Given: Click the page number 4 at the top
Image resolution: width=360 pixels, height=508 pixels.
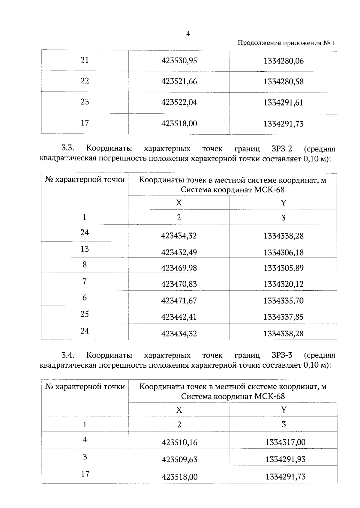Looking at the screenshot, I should (x=188, y=34).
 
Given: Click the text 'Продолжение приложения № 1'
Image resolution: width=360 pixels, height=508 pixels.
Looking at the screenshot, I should (x=286, y=43).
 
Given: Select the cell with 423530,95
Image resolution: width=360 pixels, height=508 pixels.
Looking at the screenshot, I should (x=179, y=61).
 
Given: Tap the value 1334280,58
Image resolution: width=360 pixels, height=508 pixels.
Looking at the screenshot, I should (x=283, y=82).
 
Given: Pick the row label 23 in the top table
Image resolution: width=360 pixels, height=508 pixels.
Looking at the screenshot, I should (x=85, y=102).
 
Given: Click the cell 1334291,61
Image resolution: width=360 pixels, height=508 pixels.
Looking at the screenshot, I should (x=283, y=103).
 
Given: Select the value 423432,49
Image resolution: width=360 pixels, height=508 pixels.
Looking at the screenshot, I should (x=179, y=253).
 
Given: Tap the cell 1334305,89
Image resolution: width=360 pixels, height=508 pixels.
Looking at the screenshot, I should (x=283, y=268).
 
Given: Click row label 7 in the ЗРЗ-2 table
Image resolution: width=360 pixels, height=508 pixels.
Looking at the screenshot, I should (x=85, y=281).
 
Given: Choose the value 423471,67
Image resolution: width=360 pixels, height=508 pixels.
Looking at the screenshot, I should (x=179, y=300).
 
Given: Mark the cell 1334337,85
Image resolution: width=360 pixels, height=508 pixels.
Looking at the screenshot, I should (x=283, y=317).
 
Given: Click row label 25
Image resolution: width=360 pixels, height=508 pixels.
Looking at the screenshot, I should (x=85, y=314).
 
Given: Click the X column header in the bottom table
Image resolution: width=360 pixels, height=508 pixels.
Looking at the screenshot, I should (x=179, y=410).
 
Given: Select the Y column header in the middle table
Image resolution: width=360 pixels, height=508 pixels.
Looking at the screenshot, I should (x=283, y=203).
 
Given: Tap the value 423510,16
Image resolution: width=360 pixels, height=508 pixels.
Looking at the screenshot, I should (x=179, y=442).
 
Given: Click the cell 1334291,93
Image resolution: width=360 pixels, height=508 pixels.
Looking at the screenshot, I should (x=285, y=459).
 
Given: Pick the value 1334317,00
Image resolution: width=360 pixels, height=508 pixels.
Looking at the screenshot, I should (x=285, y=442).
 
